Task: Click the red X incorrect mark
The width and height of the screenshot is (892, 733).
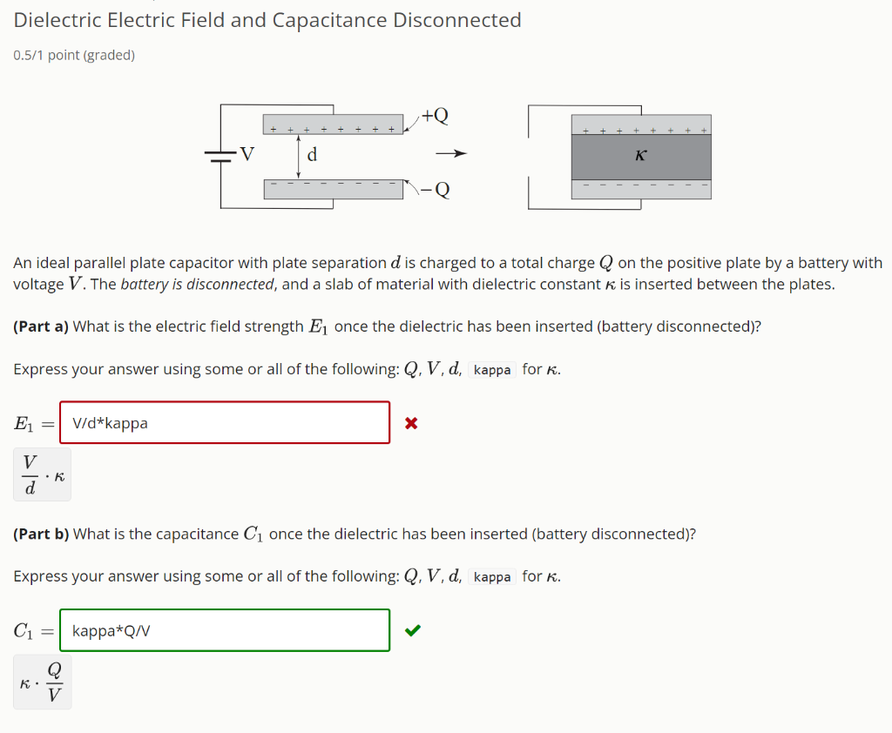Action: [x=412, y=424]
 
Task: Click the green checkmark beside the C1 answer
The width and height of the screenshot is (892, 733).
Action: [x=413, y=631]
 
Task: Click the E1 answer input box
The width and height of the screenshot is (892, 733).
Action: [x=225, y=423]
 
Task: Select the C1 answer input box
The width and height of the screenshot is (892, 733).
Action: [x=225, y=630]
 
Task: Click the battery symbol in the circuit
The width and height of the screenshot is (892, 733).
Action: [x=220, y=158]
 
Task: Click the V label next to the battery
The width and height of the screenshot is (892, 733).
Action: [x=247, y=155]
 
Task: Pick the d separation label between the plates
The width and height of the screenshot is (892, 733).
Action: [x=313, y=156]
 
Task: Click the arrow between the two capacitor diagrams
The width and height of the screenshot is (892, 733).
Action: [x=452, y=155]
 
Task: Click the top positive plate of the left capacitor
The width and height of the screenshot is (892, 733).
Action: [x=333, y=124]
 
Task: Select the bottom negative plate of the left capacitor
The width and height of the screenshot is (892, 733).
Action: [x=333, y=189]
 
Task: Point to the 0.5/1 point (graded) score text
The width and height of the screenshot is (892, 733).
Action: [x=74, y=56]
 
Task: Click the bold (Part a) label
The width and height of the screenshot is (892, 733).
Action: [x=41, y=326]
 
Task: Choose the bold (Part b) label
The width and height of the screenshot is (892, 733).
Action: [x=41, y=534]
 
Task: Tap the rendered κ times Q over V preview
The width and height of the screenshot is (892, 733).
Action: [x=42, y=683]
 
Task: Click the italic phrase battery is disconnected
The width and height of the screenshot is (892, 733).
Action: [x=198, y=285]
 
